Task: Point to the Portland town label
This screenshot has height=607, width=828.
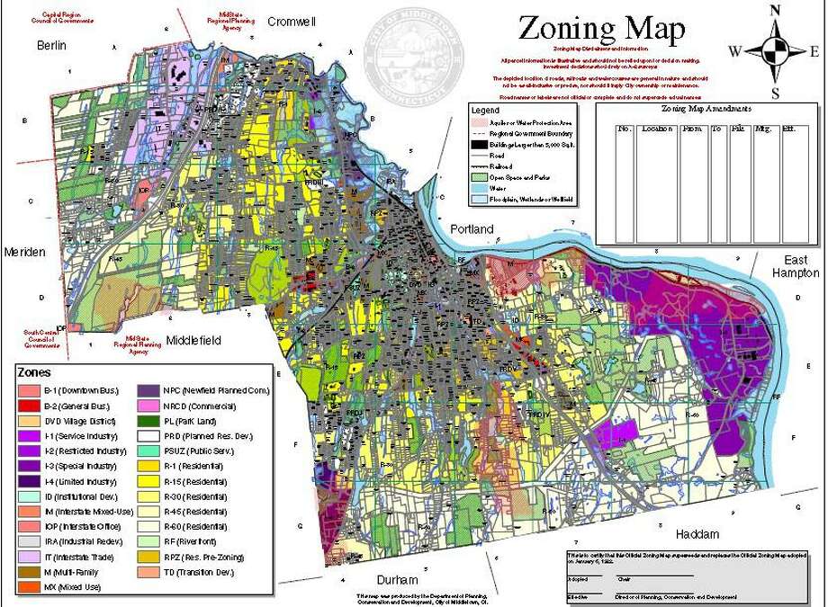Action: click(x=472, y=229)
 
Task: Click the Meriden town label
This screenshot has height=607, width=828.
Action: click(x=24, y=253)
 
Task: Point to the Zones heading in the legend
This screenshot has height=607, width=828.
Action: click(x=34, y=371)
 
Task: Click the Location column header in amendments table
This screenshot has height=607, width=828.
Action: click(x=658, y=129)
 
